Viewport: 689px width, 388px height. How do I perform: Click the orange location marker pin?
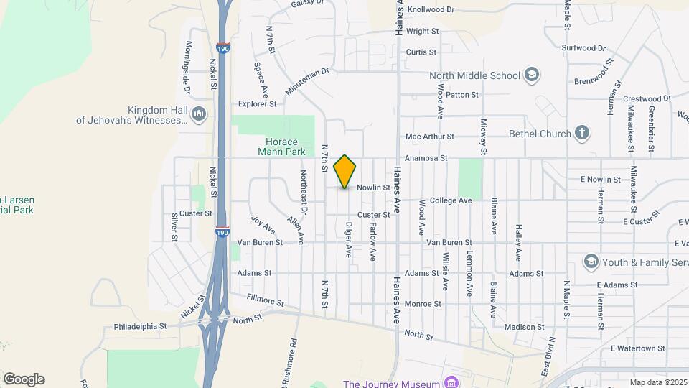345,171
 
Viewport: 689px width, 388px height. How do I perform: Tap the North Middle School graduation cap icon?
532,75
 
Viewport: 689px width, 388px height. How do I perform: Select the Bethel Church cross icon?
582,133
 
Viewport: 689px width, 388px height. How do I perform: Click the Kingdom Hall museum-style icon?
199,114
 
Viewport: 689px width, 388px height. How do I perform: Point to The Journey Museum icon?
451,382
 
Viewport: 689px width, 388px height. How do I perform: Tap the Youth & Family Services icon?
591,260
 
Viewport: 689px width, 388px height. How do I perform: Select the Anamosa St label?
426,158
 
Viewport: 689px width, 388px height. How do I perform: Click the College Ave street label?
451,200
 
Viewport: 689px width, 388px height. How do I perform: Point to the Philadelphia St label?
140,326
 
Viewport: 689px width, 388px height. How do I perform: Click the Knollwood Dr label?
431,10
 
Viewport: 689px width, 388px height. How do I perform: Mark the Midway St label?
484,137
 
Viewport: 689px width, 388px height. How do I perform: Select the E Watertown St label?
638,348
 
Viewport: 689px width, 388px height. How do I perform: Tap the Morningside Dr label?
188,68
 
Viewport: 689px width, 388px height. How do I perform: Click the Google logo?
24,379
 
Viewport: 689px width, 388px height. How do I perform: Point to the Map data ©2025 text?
657,382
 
